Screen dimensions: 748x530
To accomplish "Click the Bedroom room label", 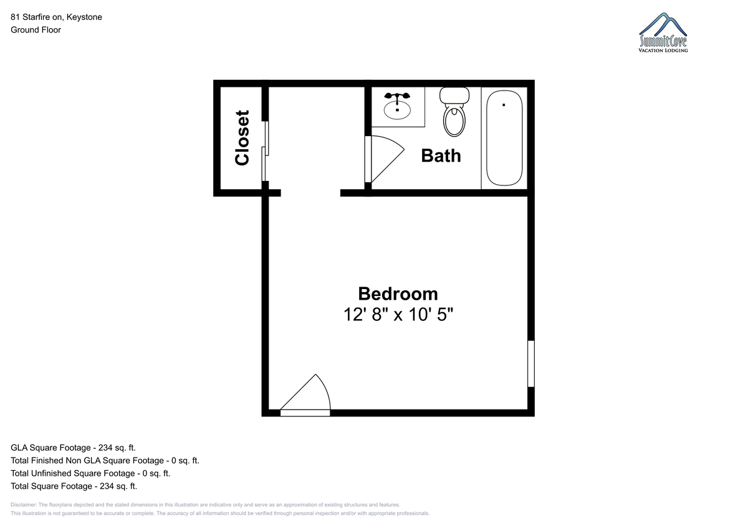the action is [398, 294].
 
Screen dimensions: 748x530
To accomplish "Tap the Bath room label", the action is [441, 156].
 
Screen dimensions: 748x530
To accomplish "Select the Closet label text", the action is [242, 138].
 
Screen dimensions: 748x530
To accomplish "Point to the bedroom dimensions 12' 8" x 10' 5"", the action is [398, 315].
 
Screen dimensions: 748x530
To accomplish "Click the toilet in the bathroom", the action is [454, 112].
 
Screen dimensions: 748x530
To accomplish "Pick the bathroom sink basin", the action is [397, 110].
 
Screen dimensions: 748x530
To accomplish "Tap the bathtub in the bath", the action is [504, 138].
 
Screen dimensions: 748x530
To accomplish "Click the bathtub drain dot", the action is [504, 105].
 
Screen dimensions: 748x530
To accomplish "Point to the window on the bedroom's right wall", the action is [531, 364].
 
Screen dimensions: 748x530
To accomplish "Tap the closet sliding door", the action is [265, 151].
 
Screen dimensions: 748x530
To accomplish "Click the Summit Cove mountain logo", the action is [663, 32].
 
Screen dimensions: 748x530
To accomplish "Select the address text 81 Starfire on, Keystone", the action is [57, 17].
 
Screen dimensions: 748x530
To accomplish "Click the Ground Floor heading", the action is [36, 30].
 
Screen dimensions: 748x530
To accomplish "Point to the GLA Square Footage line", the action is [73, 448].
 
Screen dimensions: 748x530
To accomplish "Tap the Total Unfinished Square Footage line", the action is [90, 473].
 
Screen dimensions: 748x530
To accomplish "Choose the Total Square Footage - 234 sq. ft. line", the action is [74, 486].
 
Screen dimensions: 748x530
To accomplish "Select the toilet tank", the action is [454, 96].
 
